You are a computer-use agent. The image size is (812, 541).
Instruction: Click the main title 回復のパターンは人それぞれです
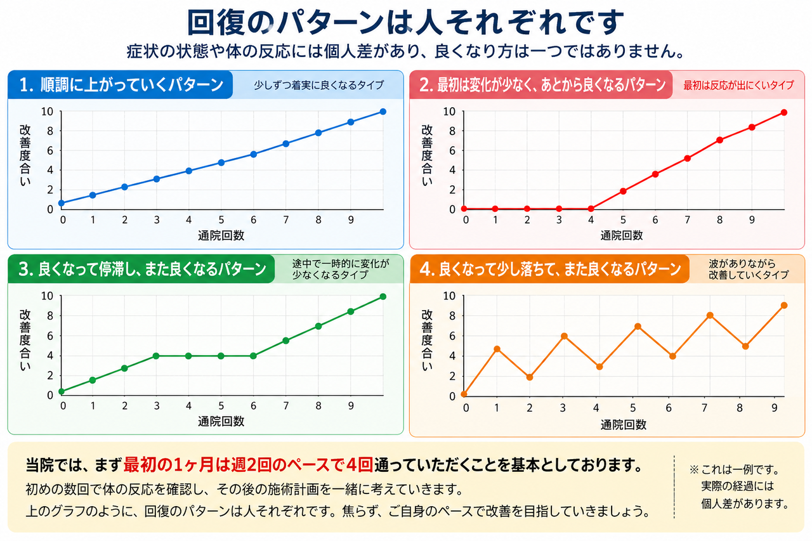(x=405, y=22)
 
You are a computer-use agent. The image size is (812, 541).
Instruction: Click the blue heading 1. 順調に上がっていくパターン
(x=121, y=85)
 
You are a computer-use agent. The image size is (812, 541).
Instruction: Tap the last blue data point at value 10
(x=383, y=112)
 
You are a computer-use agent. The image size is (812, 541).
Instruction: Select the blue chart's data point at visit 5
(x=221, y=163)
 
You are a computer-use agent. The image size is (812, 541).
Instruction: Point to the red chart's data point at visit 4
(x=591, y=209)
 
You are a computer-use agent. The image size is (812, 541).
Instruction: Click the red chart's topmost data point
(x=783, y=113)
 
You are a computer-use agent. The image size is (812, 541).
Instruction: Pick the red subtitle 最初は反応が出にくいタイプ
(x=738, y=85)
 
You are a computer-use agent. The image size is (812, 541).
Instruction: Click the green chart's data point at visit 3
(x=156, y=356)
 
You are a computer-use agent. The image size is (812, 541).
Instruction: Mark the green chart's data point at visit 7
(x=285, y=341)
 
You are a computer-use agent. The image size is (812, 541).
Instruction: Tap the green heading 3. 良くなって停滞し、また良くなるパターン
(x=142, y=270)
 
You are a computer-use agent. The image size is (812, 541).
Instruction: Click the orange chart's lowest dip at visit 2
(x=530, y=377)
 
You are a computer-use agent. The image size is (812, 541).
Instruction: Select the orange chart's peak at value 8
(x=710, y=316)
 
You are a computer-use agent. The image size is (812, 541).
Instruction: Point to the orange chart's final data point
(x=783, y=306)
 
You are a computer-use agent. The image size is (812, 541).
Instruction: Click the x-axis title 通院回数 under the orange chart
(x=623, y=425)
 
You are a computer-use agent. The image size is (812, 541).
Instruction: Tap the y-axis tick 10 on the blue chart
(x=47, y=112)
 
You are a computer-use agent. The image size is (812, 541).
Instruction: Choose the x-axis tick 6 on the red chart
(x=655, y=220)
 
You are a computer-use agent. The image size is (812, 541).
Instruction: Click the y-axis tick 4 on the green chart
(x=50, y=356)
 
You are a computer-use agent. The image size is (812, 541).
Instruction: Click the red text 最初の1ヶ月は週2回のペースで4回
(x=248, y=466)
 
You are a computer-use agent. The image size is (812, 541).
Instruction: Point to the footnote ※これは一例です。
(x=735, y=469)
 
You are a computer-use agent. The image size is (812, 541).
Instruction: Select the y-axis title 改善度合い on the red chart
(x=427, y=156)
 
